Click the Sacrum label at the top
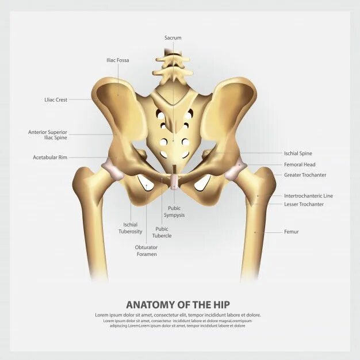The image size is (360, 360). tap(173, 38)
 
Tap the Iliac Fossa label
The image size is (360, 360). tap(118, 60)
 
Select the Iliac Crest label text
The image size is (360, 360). tap(56, 100)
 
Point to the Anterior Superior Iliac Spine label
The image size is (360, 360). tap(48, 135)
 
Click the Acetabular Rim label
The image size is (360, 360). tap(50, 157)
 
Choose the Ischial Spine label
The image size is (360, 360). tap(298, 154)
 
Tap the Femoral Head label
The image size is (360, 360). tap(300, 164)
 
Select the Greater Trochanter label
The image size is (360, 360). tap(305, 175)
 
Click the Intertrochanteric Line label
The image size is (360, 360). tap(308, 196)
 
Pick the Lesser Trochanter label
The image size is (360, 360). tap(304, 204)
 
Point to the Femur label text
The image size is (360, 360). tap(291, 232)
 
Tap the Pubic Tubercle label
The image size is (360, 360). tap(162, 232)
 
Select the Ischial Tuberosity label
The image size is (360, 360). tap(131, 228)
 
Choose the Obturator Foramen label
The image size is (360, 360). tap(146, 251)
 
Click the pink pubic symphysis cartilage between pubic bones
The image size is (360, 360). tap(174, 182)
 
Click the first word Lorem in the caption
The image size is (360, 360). tap(102, 315)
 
